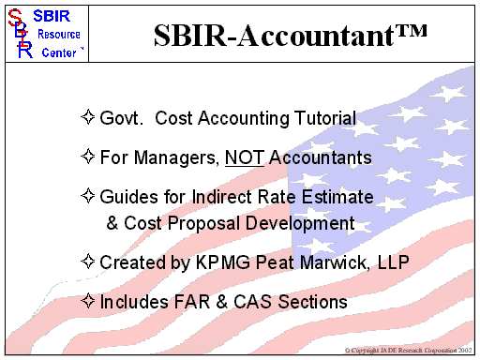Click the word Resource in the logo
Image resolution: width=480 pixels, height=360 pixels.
59,35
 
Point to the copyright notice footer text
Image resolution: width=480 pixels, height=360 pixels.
409,351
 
